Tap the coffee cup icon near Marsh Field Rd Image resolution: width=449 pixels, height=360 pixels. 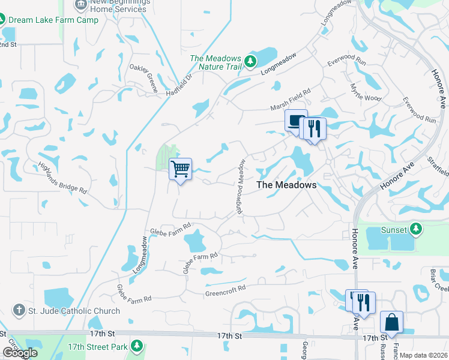tap(295, 121)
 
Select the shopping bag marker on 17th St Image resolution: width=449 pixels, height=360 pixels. tap(391, 322)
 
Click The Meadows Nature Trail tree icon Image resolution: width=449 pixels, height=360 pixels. tap(250, 61)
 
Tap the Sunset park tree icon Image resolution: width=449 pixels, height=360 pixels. tap(415, 229)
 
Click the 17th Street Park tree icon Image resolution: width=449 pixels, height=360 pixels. tap(137, 346)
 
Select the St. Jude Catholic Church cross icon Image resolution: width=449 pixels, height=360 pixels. tap(19, 311)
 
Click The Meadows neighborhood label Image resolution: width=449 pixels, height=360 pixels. tap(286, 185)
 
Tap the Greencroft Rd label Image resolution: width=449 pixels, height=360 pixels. tap(226, 288)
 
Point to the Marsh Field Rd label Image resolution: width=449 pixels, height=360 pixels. tap(290, 100)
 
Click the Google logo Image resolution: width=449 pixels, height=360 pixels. tap(20, 352)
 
